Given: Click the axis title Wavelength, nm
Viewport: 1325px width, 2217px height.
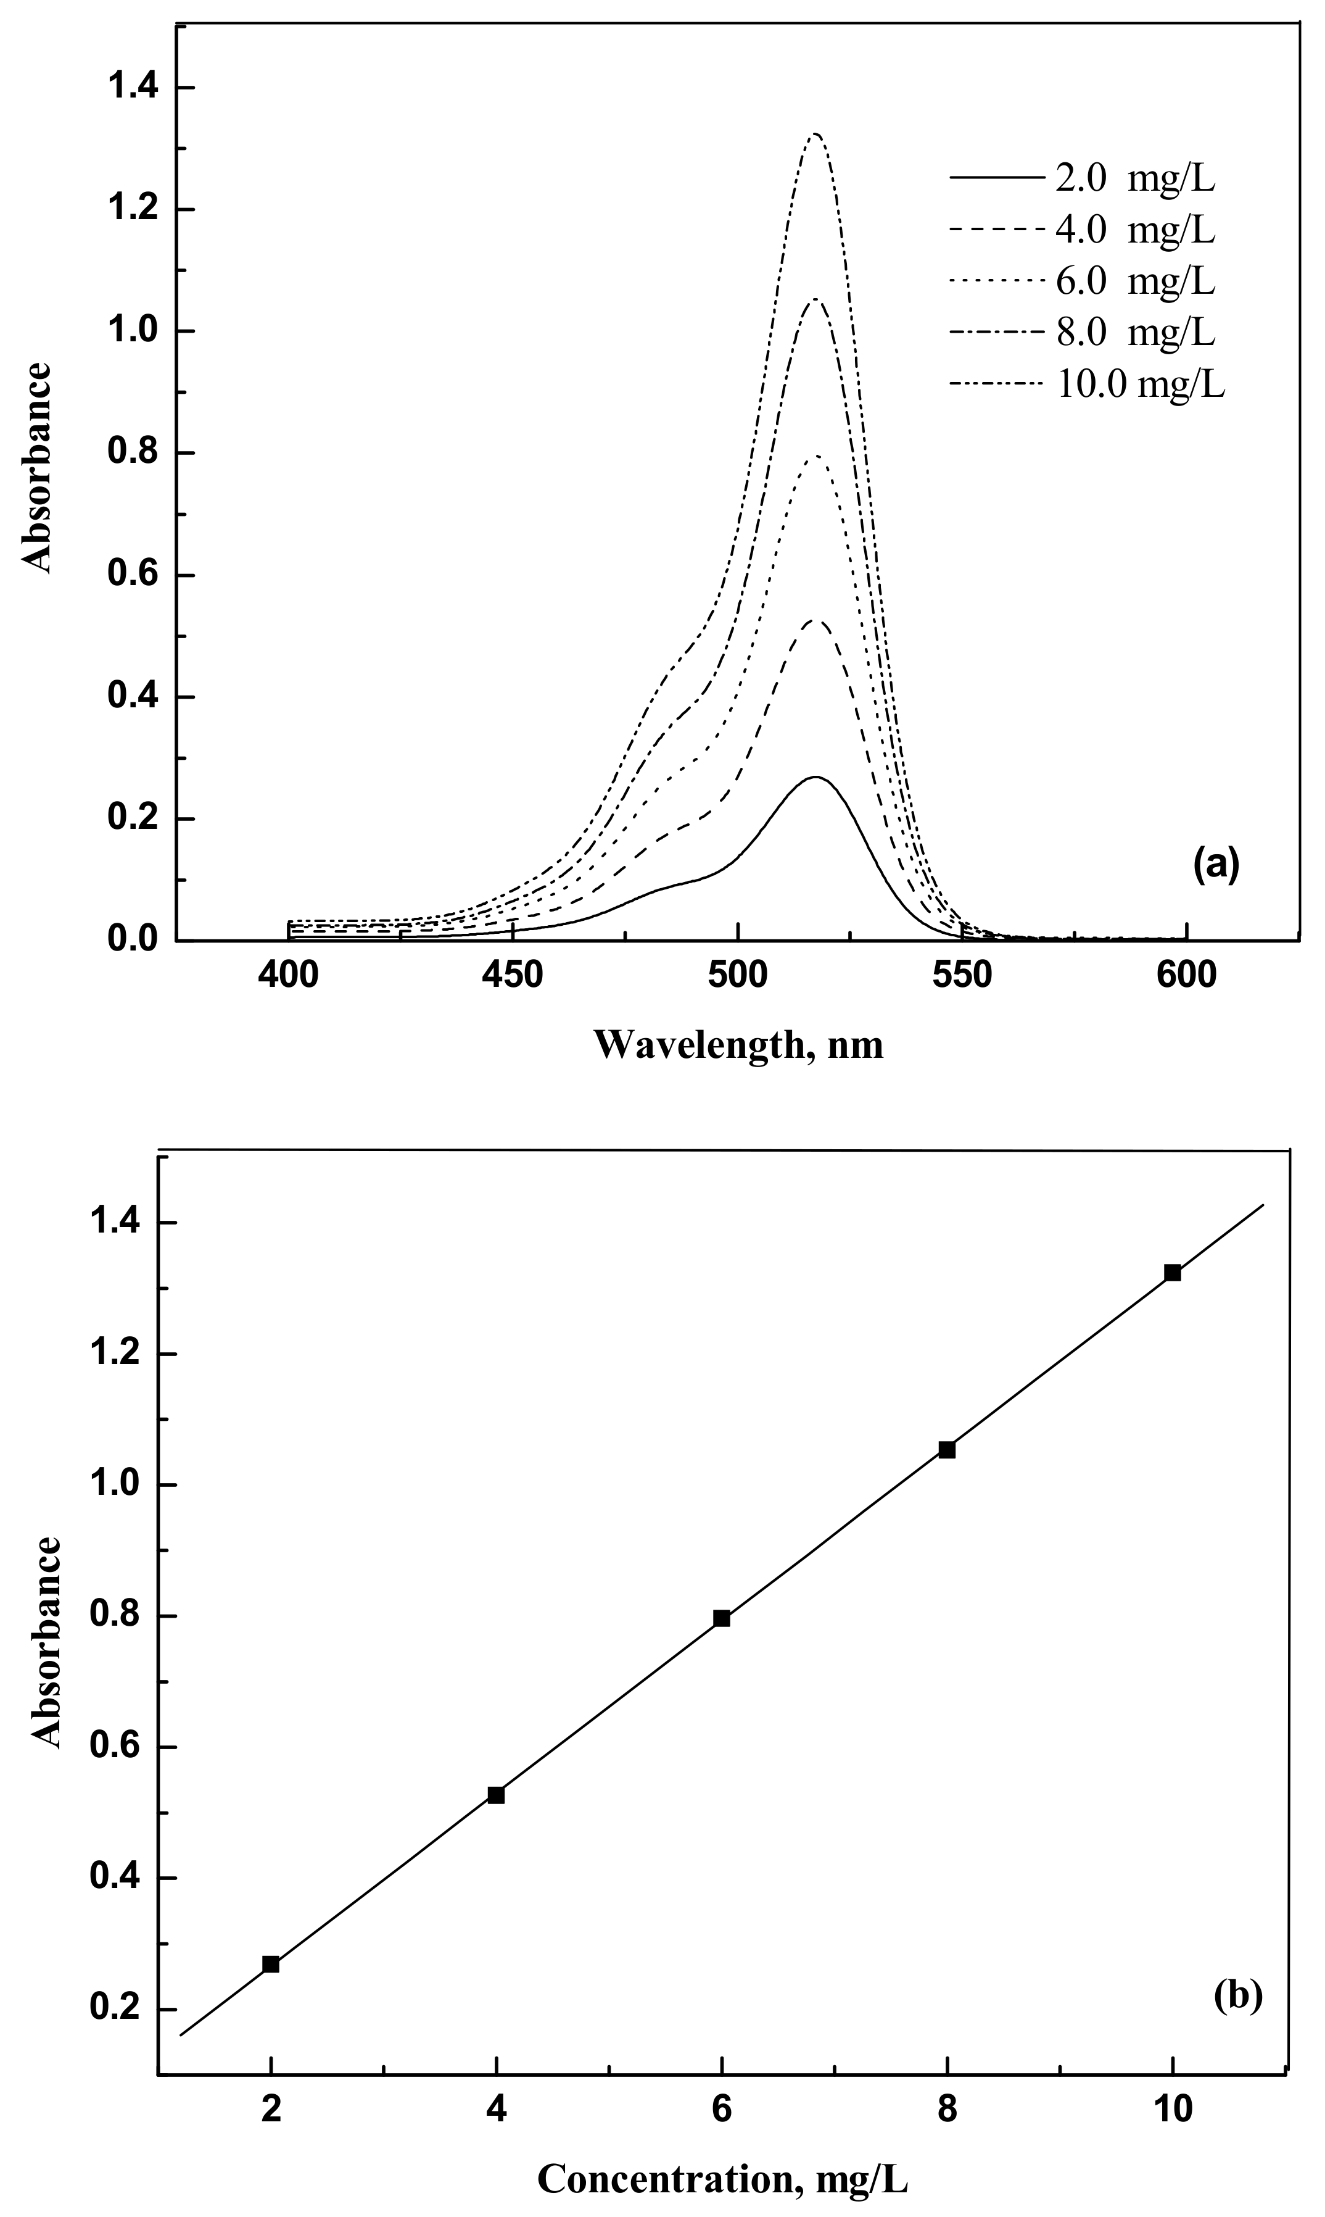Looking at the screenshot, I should tap(738, 1043).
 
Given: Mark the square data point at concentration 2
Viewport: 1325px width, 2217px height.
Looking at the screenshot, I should tap(271, 1964).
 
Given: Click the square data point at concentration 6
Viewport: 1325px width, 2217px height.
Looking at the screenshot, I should tap(722, 1618).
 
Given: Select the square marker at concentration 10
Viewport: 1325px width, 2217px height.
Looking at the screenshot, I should tap(1172, 1273).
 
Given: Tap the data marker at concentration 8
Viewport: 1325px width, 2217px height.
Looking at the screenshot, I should tap(946, 1450).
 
